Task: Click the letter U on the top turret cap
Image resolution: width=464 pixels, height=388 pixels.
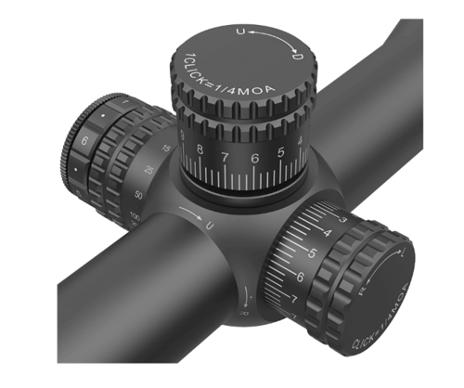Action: click(x=242, y=32)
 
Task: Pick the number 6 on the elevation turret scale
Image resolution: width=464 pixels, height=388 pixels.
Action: click(x=254, y=158)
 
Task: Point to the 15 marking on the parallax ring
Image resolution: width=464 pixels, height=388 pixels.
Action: click(x=166, y=149)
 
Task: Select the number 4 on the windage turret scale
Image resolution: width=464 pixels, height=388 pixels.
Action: click(x=328, y=231)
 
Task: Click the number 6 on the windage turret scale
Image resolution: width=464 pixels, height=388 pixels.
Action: click(x=300, y=277)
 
